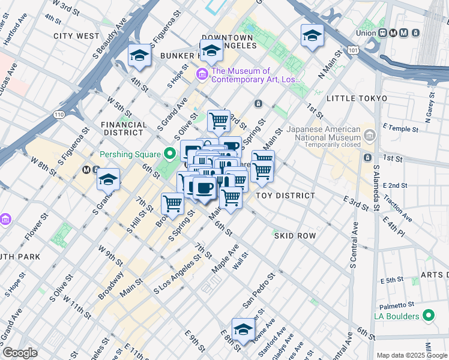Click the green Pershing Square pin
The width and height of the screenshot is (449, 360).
point(170,154)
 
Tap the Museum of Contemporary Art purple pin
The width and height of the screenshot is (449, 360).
point(202,75)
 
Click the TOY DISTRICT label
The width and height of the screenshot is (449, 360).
point(285,196)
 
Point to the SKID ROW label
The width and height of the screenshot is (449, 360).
point(295,236)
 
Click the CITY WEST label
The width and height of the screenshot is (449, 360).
point(76,36)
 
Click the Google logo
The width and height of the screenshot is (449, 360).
point(20,353)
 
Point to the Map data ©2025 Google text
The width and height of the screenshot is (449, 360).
point(412,355)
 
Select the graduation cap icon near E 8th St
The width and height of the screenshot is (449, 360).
point(243,329)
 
